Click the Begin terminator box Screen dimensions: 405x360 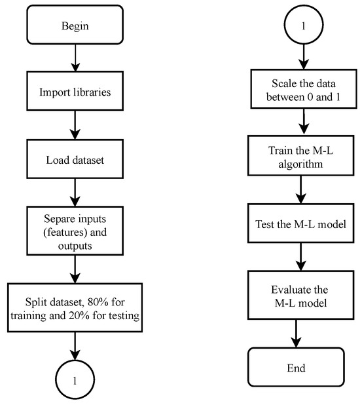tap(77, 26)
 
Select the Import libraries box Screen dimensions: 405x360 tap(77, 92)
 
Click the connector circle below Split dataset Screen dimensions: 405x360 tap(77, 379)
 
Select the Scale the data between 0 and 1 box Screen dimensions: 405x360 tap(300, 91)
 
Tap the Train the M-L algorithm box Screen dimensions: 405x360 tap(300, 156)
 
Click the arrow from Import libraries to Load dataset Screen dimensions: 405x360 tap(77, 125)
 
